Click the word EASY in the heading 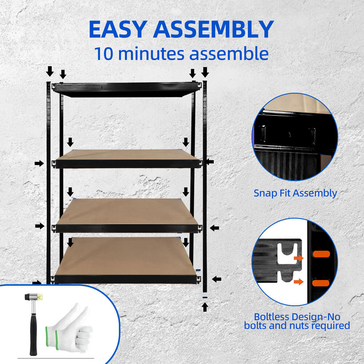point(118,29)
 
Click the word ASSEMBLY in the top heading point(213,29)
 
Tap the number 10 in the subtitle point(104,54)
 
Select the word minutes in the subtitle point(151,54)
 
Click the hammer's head point(34,297)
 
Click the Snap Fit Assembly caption point(295,193)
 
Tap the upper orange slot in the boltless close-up point(321,254)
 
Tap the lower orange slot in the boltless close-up point(321,283)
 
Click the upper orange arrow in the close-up point(298,258)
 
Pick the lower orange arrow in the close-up point(298,282)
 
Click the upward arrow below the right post point(205,307)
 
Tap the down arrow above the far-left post point(50,71)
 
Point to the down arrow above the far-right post point(205,72)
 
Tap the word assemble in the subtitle point(229,54)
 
